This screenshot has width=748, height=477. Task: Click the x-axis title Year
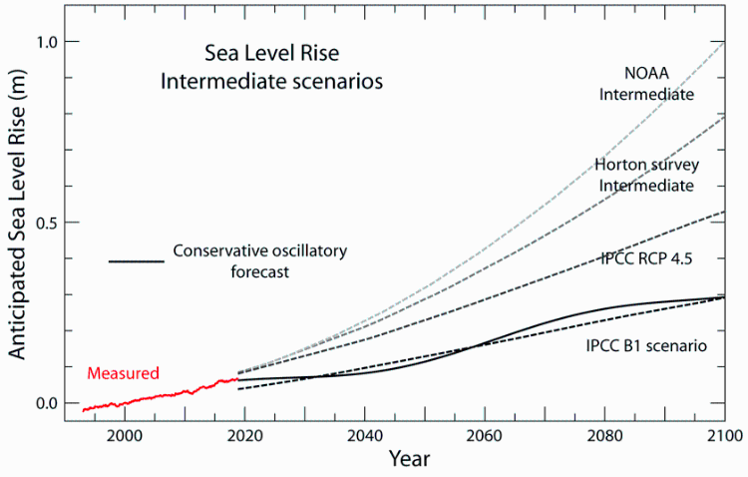(410, 460)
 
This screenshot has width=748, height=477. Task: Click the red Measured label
(123, 374)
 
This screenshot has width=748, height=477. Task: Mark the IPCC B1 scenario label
(646, 346)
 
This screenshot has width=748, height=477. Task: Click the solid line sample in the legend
(136, 261)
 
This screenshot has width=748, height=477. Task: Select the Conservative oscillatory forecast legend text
(259, 261)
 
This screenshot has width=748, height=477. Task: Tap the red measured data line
(160, 396)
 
